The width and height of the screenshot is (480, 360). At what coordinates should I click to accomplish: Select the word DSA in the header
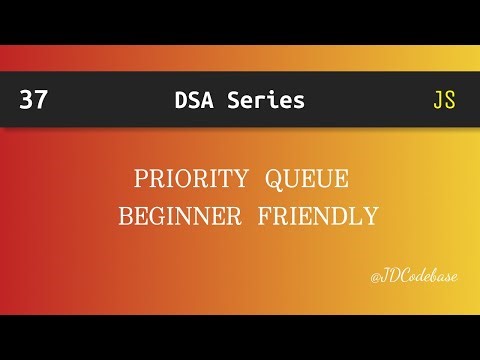click(192, 100)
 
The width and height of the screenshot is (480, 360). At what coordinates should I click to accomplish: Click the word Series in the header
click(265, 100)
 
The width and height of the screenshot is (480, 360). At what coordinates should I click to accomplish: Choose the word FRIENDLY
click(317, 216)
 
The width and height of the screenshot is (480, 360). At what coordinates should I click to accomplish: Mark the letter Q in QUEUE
click(274, 181)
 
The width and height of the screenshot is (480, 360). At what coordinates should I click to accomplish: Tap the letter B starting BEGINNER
click(125, 216)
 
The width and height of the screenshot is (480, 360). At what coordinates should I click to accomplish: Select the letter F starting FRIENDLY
click(264, 216)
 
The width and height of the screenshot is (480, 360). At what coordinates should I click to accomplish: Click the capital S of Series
click(234, 100)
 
